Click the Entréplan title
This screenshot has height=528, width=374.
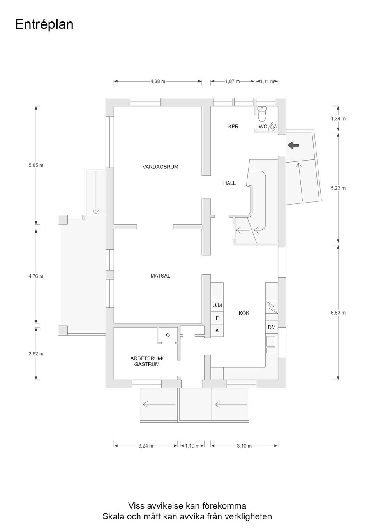pyautogui.click(x=44, y=24)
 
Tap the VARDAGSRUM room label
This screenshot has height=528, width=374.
pyautogui.click(x=160, y=167)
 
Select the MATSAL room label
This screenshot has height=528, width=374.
pyautogui.click(x=160, y=276)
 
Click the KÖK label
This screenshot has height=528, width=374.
pyautogui.click(x=244, y=313)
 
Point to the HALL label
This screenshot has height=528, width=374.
pyautogui.click(x=229, y=183)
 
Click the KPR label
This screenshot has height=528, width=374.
pyautogui.click(x=233, y=126)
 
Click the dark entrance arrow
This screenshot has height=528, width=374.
pyautogui.click(x=293, y=145)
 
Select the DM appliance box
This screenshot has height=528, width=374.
pyautogui.click(x=272, y=327)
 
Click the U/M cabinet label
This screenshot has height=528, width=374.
pyautogui.click(x=217, y=305)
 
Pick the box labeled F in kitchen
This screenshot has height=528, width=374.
pyautogui.click(x=217, y=318)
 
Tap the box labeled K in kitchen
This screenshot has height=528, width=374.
pyautogui.click(x=217, y=330)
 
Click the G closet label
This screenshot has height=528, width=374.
pyautogui.click(x=168, y=335)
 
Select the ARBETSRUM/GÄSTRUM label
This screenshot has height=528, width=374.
pyautogui.click(x=146, y=361)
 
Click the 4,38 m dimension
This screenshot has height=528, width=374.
pyautogui.click(x=158, y=82)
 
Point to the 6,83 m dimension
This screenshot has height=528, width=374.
pyautogui.click(x=338, y=312)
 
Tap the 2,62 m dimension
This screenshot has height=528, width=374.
pyautogui.click(x=36, y=354)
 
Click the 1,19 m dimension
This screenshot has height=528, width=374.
pyautogui.click(x=192, y=446)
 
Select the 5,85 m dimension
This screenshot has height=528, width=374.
pyautogui.click(x=36, y=165)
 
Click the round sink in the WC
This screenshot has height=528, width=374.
pyautogui.click(x=275, y=126)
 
